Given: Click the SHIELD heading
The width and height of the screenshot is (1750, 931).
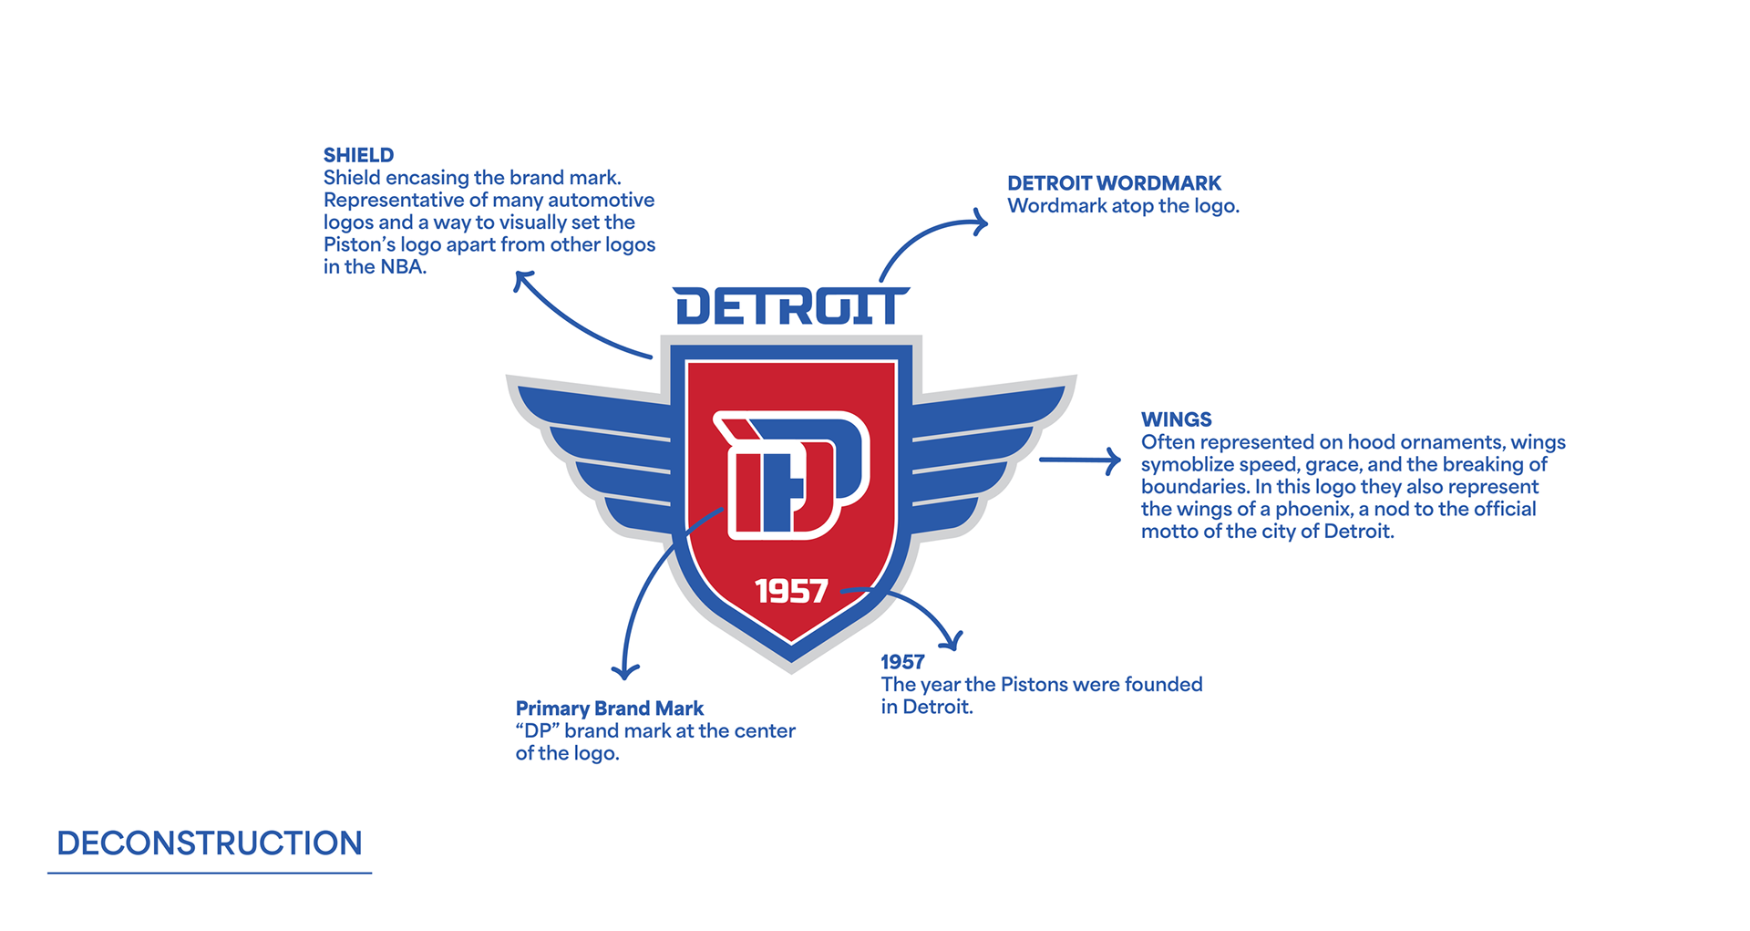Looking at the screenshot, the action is click(358, 155).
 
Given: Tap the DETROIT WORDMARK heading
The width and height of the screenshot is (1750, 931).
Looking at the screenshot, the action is click(1114, 183).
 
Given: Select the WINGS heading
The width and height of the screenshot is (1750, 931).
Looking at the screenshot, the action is click(1176, 419).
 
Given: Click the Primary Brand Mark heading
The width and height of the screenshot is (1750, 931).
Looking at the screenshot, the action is click(609, 709).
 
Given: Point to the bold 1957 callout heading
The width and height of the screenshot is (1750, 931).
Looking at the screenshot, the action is click(902, 662).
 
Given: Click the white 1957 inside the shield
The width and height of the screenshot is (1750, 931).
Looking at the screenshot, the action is click(791, 592).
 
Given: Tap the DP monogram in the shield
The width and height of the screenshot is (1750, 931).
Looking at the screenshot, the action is click(791, 474).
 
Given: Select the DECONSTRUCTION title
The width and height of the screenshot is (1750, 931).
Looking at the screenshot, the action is click(209, 843).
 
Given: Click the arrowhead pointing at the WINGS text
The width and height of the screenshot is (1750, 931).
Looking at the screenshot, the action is click(1114, 460).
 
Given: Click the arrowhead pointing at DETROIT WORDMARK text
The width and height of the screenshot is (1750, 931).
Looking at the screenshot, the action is click(981, 222).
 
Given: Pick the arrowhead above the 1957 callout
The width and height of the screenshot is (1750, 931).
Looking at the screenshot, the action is click(952, 642).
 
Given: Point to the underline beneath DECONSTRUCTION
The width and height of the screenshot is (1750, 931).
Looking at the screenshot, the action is click(209, 873).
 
